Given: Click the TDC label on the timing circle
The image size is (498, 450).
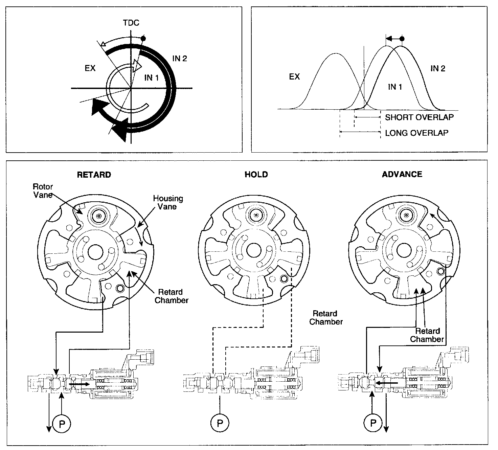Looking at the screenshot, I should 131,23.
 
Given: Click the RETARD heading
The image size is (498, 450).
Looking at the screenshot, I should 94,175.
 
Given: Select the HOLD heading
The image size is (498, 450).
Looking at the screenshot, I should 256,175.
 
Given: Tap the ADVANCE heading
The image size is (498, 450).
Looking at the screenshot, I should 402,174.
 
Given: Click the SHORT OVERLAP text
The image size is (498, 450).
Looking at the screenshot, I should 419,117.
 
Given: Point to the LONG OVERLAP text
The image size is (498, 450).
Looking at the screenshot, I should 416,133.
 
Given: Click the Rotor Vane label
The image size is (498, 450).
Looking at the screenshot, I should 43,190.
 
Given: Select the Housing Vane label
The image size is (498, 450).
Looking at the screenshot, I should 168,202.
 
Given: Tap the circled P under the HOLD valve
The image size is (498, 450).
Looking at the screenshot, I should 220,423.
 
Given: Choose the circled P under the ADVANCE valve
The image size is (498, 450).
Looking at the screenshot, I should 373,423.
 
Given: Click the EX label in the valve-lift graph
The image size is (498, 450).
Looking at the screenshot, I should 294,77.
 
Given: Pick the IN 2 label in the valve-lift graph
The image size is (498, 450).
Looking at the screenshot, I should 438,69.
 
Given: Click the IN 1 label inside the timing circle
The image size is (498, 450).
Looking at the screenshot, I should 151,78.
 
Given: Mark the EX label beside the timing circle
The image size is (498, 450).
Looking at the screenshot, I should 90,68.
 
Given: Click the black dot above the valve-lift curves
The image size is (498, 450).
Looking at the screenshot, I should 402,39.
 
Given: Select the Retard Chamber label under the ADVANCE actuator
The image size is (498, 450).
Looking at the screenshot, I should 427,335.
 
